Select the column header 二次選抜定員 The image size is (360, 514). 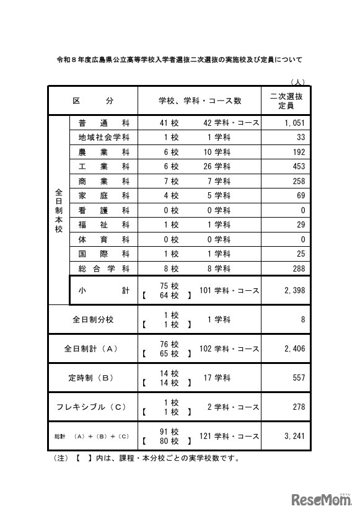(x=286, y=100)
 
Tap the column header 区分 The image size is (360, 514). (x=93, y=100)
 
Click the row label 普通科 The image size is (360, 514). (x=103, y=123)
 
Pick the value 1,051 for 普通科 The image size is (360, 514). (x=294, y=123)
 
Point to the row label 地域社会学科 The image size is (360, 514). (x=103, y=137)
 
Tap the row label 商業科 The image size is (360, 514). (x=103, y=181)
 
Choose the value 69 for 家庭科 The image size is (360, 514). (x=301, y=195)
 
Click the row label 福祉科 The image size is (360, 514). (x=103, y=224)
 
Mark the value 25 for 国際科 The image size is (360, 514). (x=301, y=254)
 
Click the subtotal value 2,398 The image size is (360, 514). (x=294, y=290)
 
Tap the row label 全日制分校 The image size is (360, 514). (x=93, y=320)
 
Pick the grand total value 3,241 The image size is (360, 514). (x=294, y=436)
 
